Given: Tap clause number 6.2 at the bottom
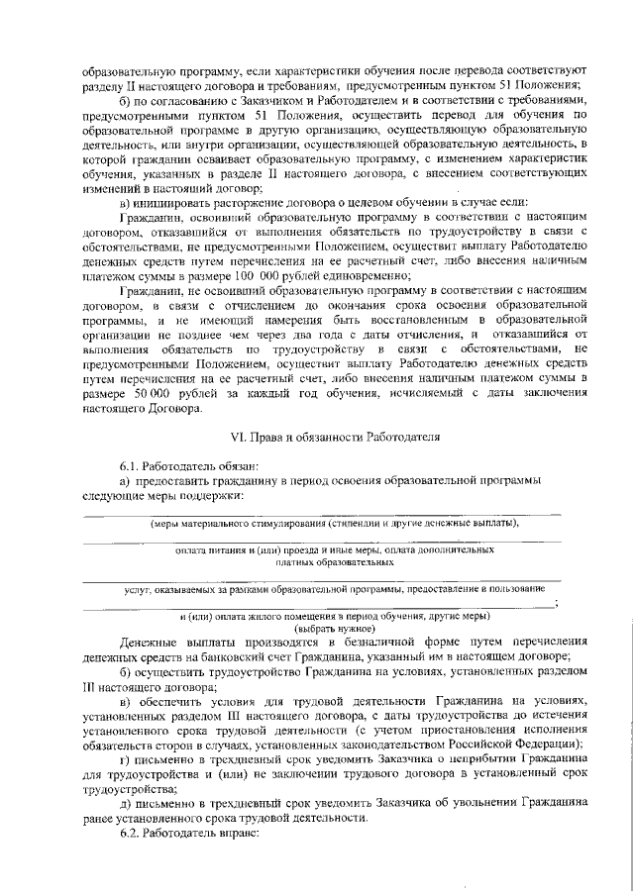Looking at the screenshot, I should [x=131, y=835].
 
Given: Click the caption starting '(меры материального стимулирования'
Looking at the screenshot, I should [x=335, y=523].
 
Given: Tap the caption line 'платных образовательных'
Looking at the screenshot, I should [x=335, y=561].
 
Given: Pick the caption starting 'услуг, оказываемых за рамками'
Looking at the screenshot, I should [x=335, y=589].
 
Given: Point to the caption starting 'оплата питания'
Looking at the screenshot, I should [x=335, y=548].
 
